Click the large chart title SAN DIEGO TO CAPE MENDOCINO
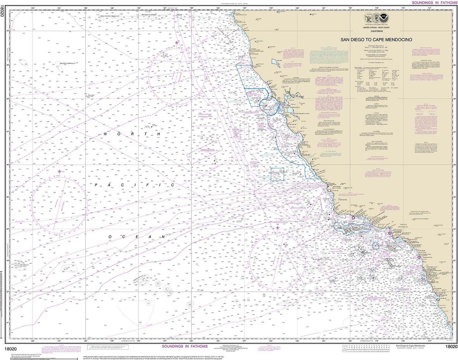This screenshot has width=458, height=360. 376,40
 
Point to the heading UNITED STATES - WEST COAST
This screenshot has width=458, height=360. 376,28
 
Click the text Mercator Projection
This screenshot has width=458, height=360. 376,46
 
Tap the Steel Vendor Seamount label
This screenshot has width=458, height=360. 110,16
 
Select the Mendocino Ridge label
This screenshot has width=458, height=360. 149,15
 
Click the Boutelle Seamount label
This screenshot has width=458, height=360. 68,63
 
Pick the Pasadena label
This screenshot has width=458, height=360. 401,224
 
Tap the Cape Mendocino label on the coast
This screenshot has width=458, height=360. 241,15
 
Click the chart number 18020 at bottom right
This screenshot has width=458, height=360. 451,347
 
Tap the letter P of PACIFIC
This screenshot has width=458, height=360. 96,185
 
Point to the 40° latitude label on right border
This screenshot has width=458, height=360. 455,31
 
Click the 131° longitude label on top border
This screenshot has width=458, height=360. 59,8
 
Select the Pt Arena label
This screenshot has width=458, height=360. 255,67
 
